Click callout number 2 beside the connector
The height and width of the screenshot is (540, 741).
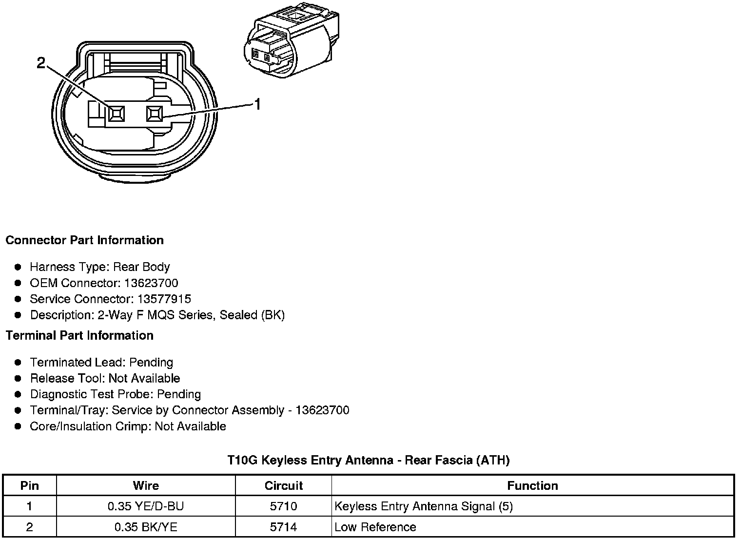pos(41,62)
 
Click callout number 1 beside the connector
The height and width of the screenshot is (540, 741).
pos(257,104)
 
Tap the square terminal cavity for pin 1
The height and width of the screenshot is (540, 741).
pos(155,114)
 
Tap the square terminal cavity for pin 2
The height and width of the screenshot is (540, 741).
pos(116,114)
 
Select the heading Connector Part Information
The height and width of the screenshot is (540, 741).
pos(84,240)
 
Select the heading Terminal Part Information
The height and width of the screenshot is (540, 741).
pos(79,336)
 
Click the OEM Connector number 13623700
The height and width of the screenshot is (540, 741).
pos(151,283)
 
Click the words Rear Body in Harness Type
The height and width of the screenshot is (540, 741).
pos(141,267)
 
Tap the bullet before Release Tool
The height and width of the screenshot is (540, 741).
pos(18,379)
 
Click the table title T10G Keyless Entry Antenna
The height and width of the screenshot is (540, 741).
pos(369,460)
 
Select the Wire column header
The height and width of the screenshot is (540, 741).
pos(146,486)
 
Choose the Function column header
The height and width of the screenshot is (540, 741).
pos(532,486)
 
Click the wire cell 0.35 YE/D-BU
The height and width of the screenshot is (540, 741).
pos(146,506)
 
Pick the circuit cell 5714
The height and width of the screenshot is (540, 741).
pos(283,527)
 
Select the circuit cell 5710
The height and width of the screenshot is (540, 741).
pos(283,506)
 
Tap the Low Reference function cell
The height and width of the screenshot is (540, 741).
pos(375,527)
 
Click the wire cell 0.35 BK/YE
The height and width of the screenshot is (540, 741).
pos(146,527)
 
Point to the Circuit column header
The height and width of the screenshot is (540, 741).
pos(283,486)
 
